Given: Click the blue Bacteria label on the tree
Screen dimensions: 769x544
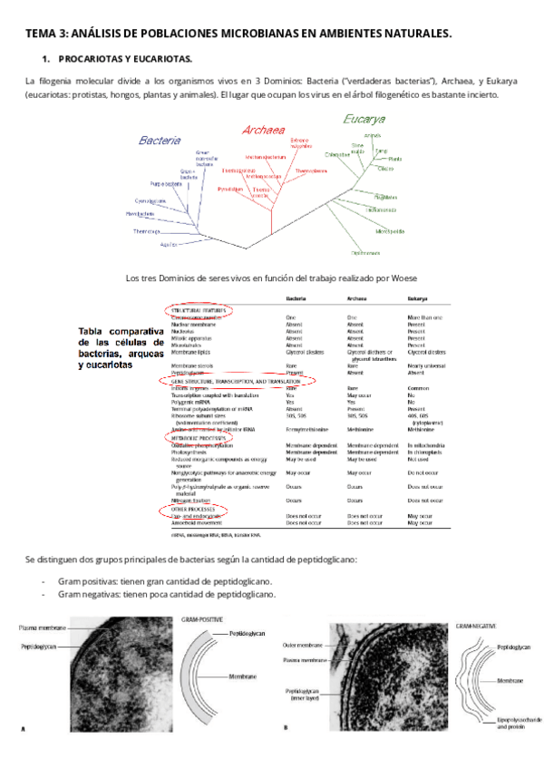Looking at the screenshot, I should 160,141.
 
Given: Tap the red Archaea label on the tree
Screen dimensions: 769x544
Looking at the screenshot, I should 264,130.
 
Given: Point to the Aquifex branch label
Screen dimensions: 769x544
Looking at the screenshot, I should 168,245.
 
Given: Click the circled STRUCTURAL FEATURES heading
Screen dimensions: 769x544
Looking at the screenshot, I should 199,310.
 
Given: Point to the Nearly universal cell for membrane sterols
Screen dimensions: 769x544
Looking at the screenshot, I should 425,365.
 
